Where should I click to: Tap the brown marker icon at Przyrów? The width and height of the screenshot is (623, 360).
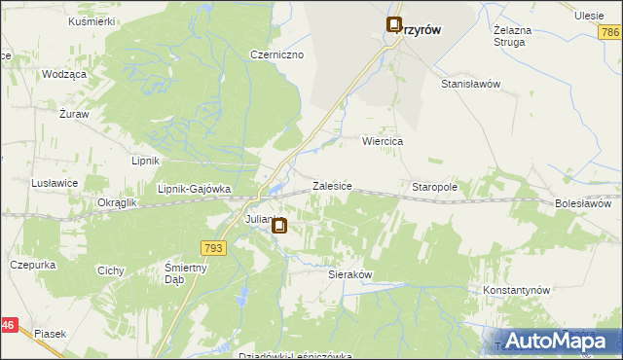(x=394, y=26)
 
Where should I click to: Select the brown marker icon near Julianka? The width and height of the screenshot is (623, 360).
(x=279, y=228)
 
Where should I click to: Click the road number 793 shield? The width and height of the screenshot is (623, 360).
(x=215, y=249)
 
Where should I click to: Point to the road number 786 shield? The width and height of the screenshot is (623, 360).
(x=610, y=33)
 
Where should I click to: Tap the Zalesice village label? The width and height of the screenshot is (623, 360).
(x=331, y=185)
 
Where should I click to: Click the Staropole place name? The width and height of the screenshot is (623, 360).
(x=434, y=186)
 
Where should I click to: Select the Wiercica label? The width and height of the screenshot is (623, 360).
(x=383, y=141)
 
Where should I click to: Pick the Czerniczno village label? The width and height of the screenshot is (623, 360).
(x=277, y=55)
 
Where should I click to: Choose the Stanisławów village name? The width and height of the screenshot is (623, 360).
(x=470, y=84)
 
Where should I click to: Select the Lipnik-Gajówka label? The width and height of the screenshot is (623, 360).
(x=194, y=189)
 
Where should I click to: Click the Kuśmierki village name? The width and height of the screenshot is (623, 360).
(x=92, y=20)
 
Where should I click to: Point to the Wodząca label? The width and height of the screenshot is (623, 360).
(x=65, y=75)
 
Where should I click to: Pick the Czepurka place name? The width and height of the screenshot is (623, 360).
(x=30, y=264)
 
